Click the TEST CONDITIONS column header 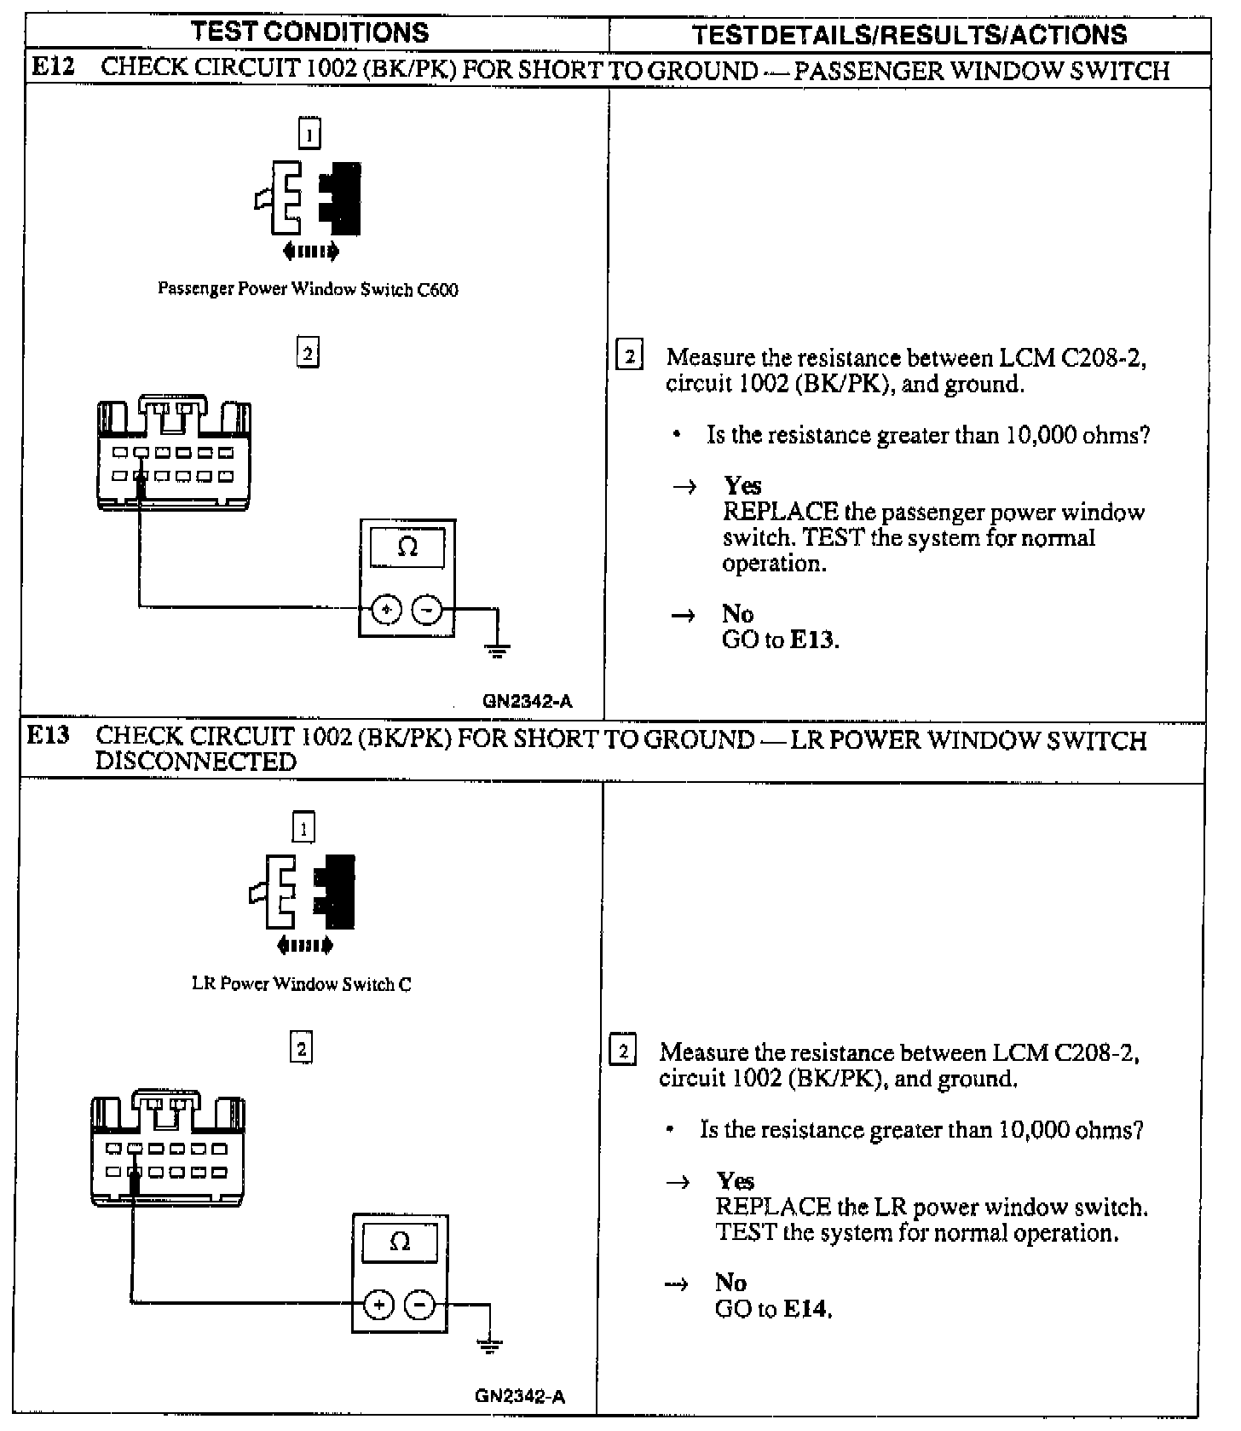pos(310,33)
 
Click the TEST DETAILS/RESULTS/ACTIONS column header pos(909,34)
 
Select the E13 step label pos(48,736)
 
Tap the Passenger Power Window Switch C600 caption pos(308,290)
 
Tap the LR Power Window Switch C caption pos(302,984)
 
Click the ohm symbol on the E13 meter pos(400,1242)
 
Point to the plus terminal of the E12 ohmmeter pos(386,609)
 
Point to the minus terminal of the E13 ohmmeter pos(419,1305)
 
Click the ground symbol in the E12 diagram pos(498,652)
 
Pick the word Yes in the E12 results pos(742,486)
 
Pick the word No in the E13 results pos(731,1283)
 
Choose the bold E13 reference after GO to pos(813,640)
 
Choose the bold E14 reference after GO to pos(805,1309)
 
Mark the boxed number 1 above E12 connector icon pos(309,133)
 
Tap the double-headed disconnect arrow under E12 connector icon pos(310,251)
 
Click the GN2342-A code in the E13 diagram pos(520,1397)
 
